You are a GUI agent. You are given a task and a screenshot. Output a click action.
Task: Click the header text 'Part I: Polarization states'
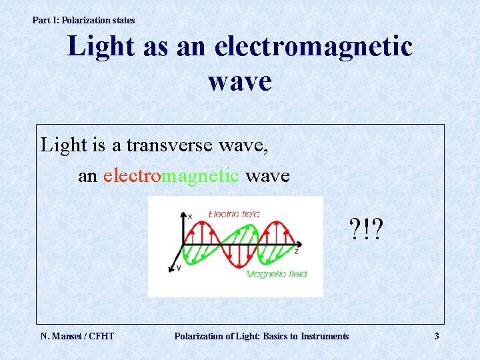(x=83, y=20)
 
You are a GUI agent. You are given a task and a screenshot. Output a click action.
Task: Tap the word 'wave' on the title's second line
(x=240, y=81)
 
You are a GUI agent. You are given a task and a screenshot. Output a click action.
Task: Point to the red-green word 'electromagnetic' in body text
(x=171, y=175)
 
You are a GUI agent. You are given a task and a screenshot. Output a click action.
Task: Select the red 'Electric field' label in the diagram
(x=234, y=214)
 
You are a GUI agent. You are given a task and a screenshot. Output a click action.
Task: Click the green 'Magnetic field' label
(x=276, y=275)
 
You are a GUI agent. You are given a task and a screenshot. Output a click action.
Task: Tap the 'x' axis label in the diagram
(x=189, y=217)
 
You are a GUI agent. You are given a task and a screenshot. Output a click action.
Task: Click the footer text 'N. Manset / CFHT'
(x=77, y=336)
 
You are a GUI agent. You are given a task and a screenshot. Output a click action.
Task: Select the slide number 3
(x=437, y=336)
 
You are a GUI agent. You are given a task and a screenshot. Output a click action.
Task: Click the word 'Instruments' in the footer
(x=325, y=336)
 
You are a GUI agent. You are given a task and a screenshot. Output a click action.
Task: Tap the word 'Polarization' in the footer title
(x=199, y=336)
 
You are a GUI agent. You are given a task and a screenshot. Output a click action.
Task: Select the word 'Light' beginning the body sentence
(x=64, y=145)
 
